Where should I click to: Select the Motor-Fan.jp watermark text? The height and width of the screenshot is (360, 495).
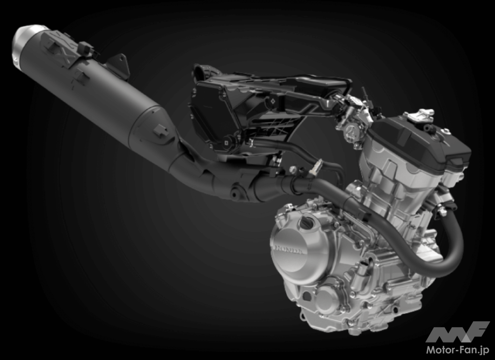point(458,350)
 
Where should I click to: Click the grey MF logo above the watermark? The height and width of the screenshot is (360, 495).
point(457,332)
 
